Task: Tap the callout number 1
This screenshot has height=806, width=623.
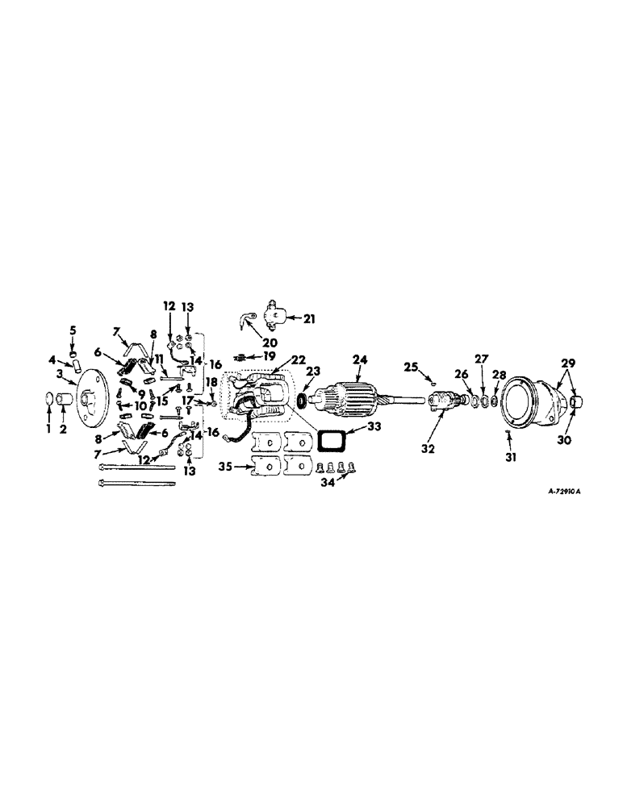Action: point(46,430)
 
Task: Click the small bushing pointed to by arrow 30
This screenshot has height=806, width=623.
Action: point(576,401)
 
